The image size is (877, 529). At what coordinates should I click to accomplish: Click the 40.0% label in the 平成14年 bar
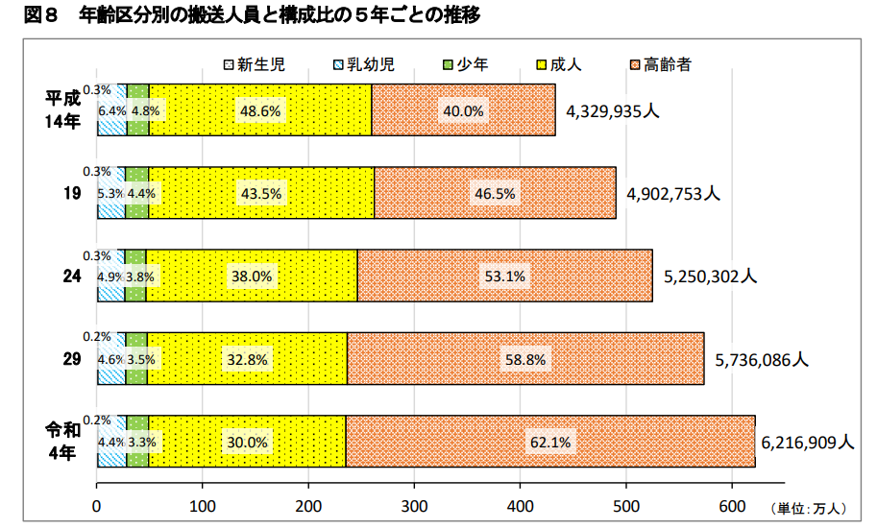(x=462, y=110)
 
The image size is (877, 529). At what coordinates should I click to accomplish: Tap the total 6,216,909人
(x=807, y=443)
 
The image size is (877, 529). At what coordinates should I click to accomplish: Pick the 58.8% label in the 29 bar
(x=524, y=359)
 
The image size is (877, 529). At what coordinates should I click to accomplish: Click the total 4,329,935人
(x=612, y=110)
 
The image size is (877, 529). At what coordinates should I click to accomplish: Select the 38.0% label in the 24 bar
(x=252, y=277)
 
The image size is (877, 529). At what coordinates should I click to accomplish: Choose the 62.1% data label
(x=550, y=443)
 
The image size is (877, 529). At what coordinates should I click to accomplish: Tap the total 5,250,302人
(x=710, y=277)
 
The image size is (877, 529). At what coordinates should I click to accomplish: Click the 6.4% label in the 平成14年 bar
(x=112, y=110)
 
